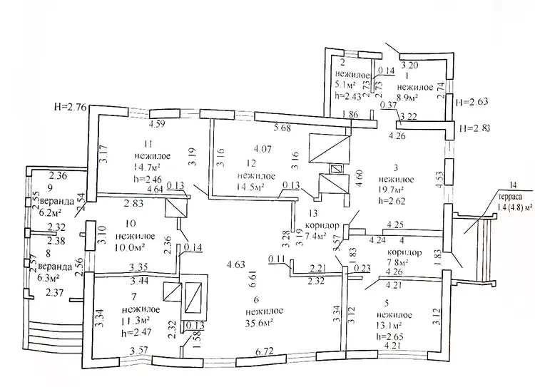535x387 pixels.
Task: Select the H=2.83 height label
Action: pyautogui.click(x=477, y=129)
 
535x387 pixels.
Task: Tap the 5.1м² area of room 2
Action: pyautogui.click(x=347, y=84)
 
